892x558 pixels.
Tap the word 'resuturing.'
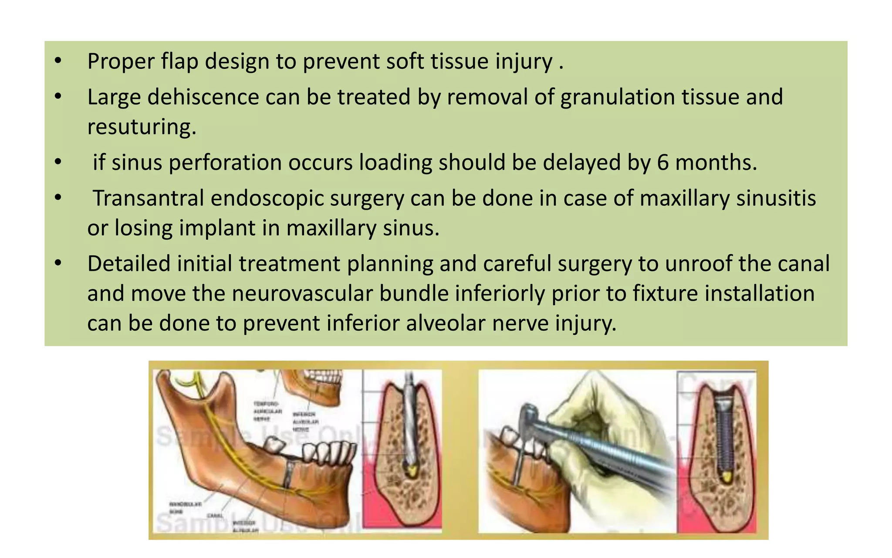142,127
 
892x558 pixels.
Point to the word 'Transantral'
148,198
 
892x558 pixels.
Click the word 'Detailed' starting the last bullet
128,264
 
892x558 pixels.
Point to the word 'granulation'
617,97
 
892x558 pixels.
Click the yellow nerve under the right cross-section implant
725,477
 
